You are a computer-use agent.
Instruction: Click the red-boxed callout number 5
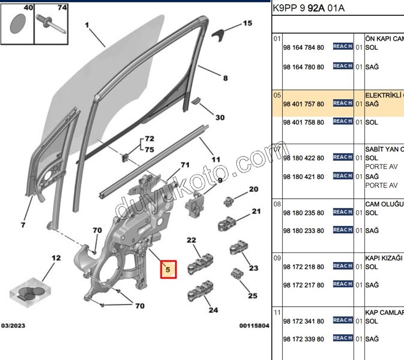coord(168,269)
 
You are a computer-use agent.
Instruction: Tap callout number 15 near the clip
coord(248,23)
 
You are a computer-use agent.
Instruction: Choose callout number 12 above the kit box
coord(56,258)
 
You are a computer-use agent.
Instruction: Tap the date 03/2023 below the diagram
coord(13,326)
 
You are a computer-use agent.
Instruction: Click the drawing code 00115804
coord(254,326)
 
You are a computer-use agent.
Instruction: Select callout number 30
coord(220,117)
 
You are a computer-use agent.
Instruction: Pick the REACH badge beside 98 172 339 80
coord(342,338)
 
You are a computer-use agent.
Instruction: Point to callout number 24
coord(213,310)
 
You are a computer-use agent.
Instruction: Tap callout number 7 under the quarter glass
coord(23,224)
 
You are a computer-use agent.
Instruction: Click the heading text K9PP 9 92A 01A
coord(308,9)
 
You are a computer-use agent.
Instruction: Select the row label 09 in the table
coord(277,258)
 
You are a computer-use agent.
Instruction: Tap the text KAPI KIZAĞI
coord(384,258)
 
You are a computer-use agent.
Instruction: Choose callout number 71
coord(184,165)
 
